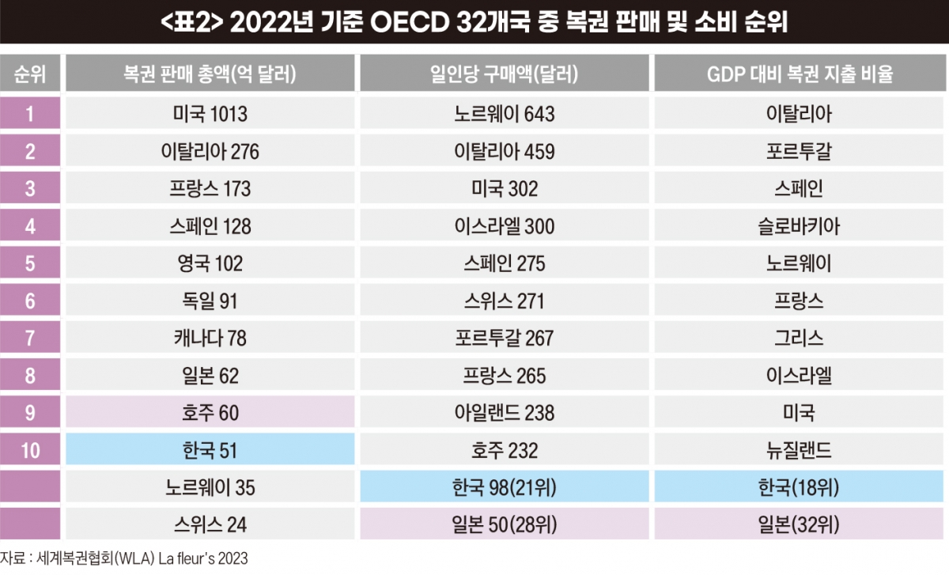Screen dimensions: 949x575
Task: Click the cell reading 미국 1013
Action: [x=210, y=113]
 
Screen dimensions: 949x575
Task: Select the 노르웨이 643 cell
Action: [x=505, y=113]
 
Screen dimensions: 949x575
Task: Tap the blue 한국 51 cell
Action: [x=210, y=449]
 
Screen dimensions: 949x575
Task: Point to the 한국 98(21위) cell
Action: [x=505, y=486]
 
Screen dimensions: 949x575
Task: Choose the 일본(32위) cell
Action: [x=799, y=524]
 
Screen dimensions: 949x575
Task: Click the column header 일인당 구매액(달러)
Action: [x=505, y=73]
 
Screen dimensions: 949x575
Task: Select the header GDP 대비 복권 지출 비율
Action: [x=800, y=73]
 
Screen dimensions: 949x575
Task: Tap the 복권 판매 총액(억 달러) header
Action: [x=210, y=73]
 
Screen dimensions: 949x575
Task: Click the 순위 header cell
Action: [x=30, y=73]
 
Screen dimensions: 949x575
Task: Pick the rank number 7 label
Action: [x=30, y=338]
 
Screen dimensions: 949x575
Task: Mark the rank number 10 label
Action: [x=30, y=450]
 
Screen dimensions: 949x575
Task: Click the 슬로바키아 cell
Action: [x=799, y=225]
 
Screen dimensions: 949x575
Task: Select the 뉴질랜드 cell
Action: [x=799, y=449]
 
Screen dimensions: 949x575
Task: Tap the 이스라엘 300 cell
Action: [x=505, y=225]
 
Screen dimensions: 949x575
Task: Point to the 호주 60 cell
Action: [x=210, y=412]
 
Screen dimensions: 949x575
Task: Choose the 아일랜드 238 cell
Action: [x=505, y=412]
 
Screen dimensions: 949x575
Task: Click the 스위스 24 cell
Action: [x=210, y=524]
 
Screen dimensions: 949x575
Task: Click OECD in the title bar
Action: [x=410, y=22]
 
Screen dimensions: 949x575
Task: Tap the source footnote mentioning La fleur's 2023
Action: [x=123, y=558]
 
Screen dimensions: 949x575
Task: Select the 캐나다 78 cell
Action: [x=210, y=337]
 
